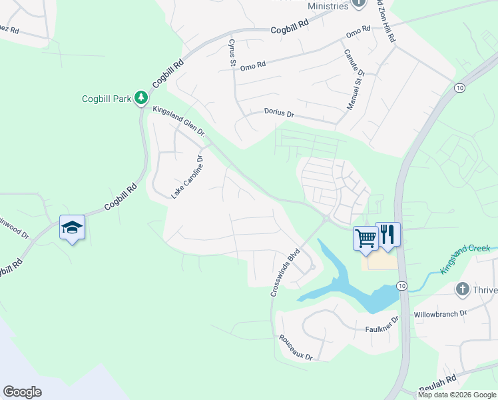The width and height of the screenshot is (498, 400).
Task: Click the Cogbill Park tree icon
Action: pos(141,99)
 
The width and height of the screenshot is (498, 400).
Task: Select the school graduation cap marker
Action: pos(72,228)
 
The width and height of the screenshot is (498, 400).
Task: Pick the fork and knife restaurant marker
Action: pos(388,234)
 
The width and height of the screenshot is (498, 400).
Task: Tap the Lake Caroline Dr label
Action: pos(186,177)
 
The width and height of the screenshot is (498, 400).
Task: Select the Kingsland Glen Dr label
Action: pos(180,121)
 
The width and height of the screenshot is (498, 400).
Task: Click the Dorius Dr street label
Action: pos(279,114)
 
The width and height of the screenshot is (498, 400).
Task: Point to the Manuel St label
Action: pos(353,94)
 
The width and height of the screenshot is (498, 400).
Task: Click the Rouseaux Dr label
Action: pos(296,347)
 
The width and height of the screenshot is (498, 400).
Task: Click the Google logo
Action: pos(22,392)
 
